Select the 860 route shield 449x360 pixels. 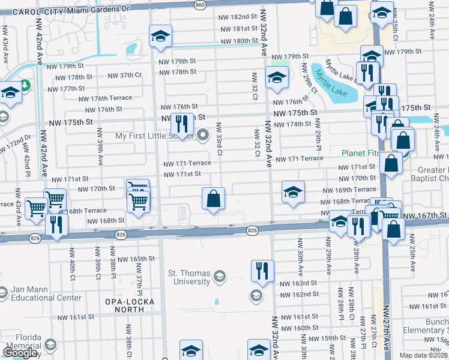200,4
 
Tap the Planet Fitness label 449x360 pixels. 366,153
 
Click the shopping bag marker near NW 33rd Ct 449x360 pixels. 214,199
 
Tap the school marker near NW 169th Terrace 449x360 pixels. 292,193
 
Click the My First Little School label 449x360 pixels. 155,136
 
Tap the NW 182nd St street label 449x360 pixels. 237,17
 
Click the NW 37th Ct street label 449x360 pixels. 124,75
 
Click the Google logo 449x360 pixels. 21,352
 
